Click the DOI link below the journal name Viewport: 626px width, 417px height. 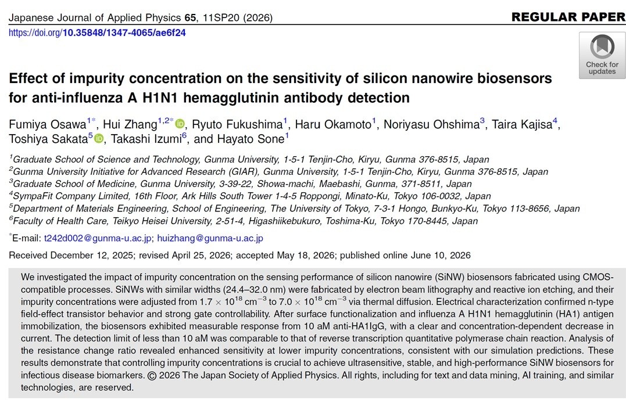tap(97, 33)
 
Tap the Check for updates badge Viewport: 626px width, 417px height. tap(602, 55)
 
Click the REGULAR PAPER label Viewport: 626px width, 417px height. tap(568, 17)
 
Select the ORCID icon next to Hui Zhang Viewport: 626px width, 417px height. tap(180, 124)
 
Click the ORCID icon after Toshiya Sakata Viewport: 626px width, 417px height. tap(99, 139)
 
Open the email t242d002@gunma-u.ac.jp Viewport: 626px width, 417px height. tap(98, 238)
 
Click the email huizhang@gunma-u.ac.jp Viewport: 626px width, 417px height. tap(210, 238)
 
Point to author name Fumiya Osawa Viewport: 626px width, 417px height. tap(48, 124)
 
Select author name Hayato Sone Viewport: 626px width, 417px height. tap(251, 139)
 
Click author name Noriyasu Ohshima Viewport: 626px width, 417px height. tap(431, 124)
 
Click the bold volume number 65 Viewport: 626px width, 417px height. tap(190, 17)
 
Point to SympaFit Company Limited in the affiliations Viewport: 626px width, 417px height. tap(71, 196)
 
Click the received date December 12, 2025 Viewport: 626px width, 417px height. tap(92, 256)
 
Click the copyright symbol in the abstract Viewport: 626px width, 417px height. tap(152, 376)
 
